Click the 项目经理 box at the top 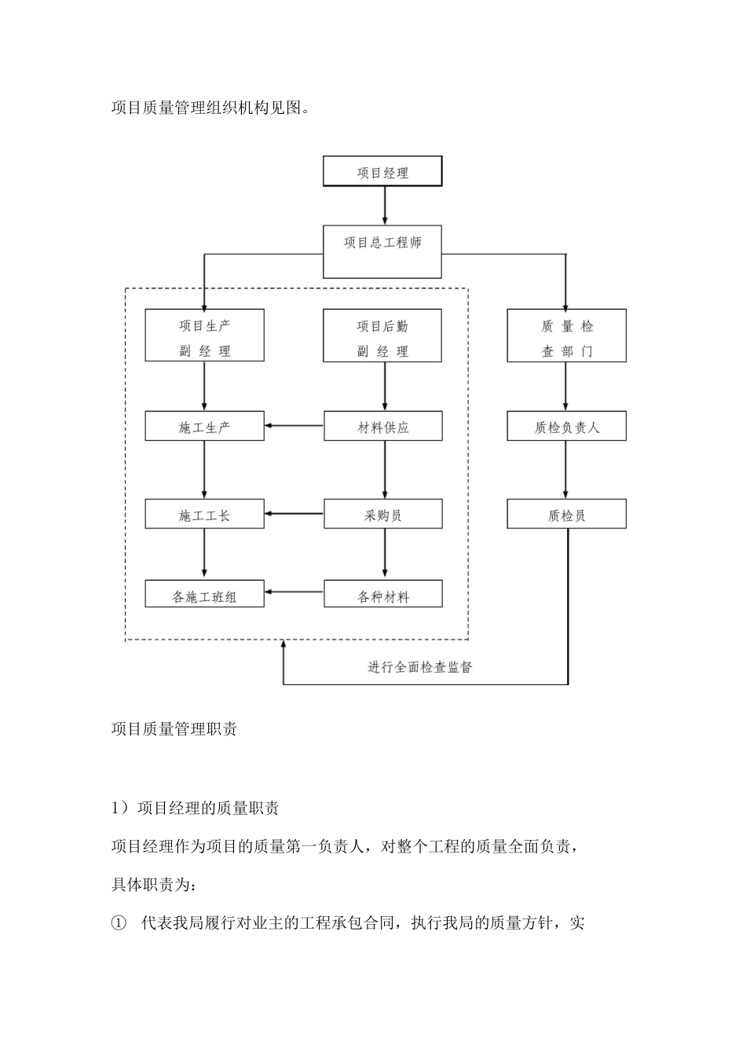382,171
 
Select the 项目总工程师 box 382,251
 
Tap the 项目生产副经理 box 204,335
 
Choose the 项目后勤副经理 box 382,335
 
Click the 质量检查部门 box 566,335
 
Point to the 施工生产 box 204,427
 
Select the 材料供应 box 382,427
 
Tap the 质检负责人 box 566,427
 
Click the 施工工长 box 204,515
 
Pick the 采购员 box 382,515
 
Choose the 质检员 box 566,515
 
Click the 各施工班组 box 204,595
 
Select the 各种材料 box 382,595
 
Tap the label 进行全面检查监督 420,667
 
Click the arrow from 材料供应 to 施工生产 294,427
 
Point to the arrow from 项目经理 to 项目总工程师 384,206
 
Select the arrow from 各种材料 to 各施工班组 294,592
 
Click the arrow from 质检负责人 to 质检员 566,470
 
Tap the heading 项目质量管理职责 174,729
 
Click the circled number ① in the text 119,923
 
